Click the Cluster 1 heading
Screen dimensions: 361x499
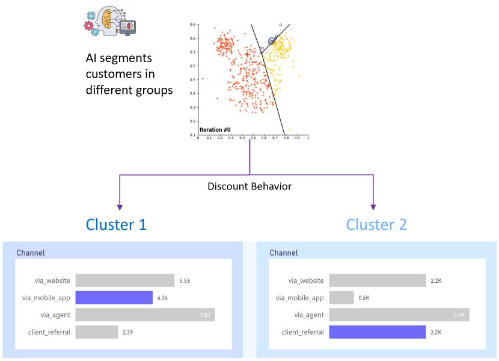tap(117, 224)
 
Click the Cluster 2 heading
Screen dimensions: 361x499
tap(376, 224)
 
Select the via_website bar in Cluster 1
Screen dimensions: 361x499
tap(125, 280)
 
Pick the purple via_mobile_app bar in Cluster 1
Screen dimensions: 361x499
tap(114, 298)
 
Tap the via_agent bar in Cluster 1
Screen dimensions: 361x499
tap(145, 315)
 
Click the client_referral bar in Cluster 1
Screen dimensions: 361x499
tap(97, 332)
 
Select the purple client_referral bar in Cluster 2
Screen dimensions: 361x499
tap(378, 332)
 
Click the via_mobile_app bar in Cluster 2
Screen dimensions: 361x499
tap(341, 298)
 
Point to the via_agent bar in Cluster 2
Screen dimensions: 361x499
tap(399, 315)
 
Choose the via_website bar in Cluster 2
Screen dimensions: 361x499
tap(378, 280)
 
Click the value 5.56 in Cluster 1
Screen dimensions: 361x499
tap(185, 281)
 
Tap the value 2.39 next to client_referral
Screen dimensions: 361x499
tap(129, 332)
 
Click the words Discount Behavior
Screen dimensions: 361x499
tap(249, 187)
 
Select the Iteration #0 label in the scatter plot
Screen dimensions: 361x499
tap(215, 129)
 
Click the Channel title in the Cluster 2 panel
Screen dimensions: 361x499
tap(283, 253)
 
